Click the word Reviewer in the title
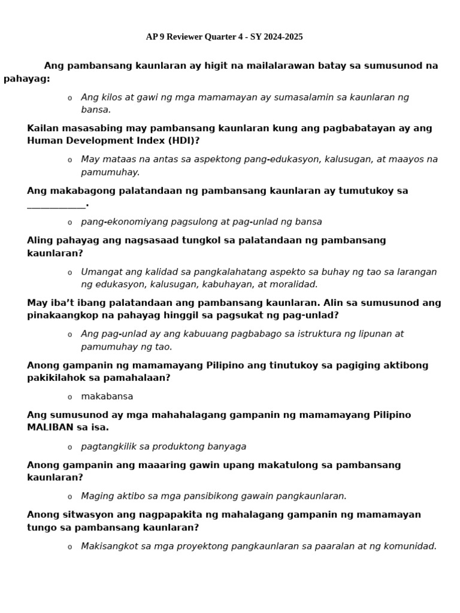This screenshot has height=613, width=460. [x=184, y=37]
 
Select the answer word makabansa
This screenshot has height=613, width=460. [x=107, y=396]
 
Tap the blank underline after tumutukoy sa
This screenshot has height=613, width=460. [x=56, y=205]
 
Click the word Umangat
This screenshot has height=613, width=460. [x=100, y=272]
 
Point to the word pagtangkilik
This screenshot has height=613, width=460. [x=107, y=447]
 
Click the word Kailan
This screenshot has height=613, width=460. [x=41, y=128]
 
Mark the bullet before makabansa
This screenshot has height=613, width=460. [x=69, y=397]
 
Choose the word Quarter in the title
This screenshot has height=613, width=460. [x=220, y=37]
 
